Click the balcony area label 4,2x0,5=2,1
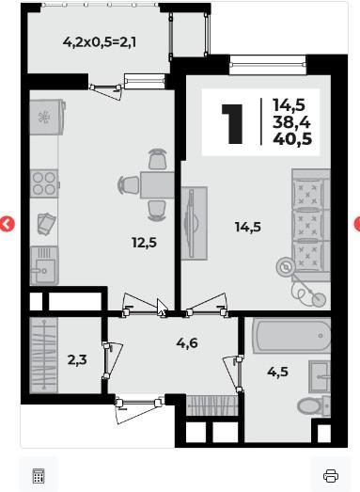100,41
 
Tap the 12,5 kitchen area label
144,243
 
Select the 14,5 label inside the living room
248,227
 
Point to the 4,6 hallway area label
187,343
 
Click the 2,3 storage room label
77,360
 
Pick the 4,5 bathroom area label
278,372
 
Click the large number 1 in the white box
232,124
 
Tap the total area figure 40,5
292,138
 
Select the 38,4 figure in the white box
291,121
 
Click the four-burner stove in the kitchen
44,183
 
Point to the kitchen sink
44,265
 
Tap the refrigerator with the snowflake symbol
47,117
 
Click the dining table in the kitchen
157,185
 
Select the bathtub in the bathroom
291,336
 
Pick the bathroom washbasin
320,377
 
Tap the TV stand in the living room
195,223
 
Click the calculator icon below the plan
39,476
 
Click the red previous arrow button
8,224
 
